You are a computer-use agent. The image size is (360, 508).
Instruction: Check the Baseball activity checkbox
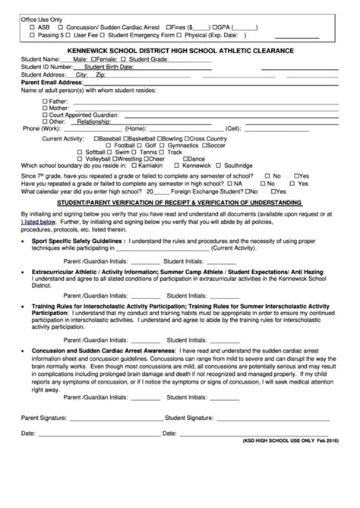[x=95, y=139]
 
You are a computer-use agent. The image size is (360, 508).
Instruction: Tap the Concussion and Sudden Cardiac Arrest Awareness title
[x=103, y=352]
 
